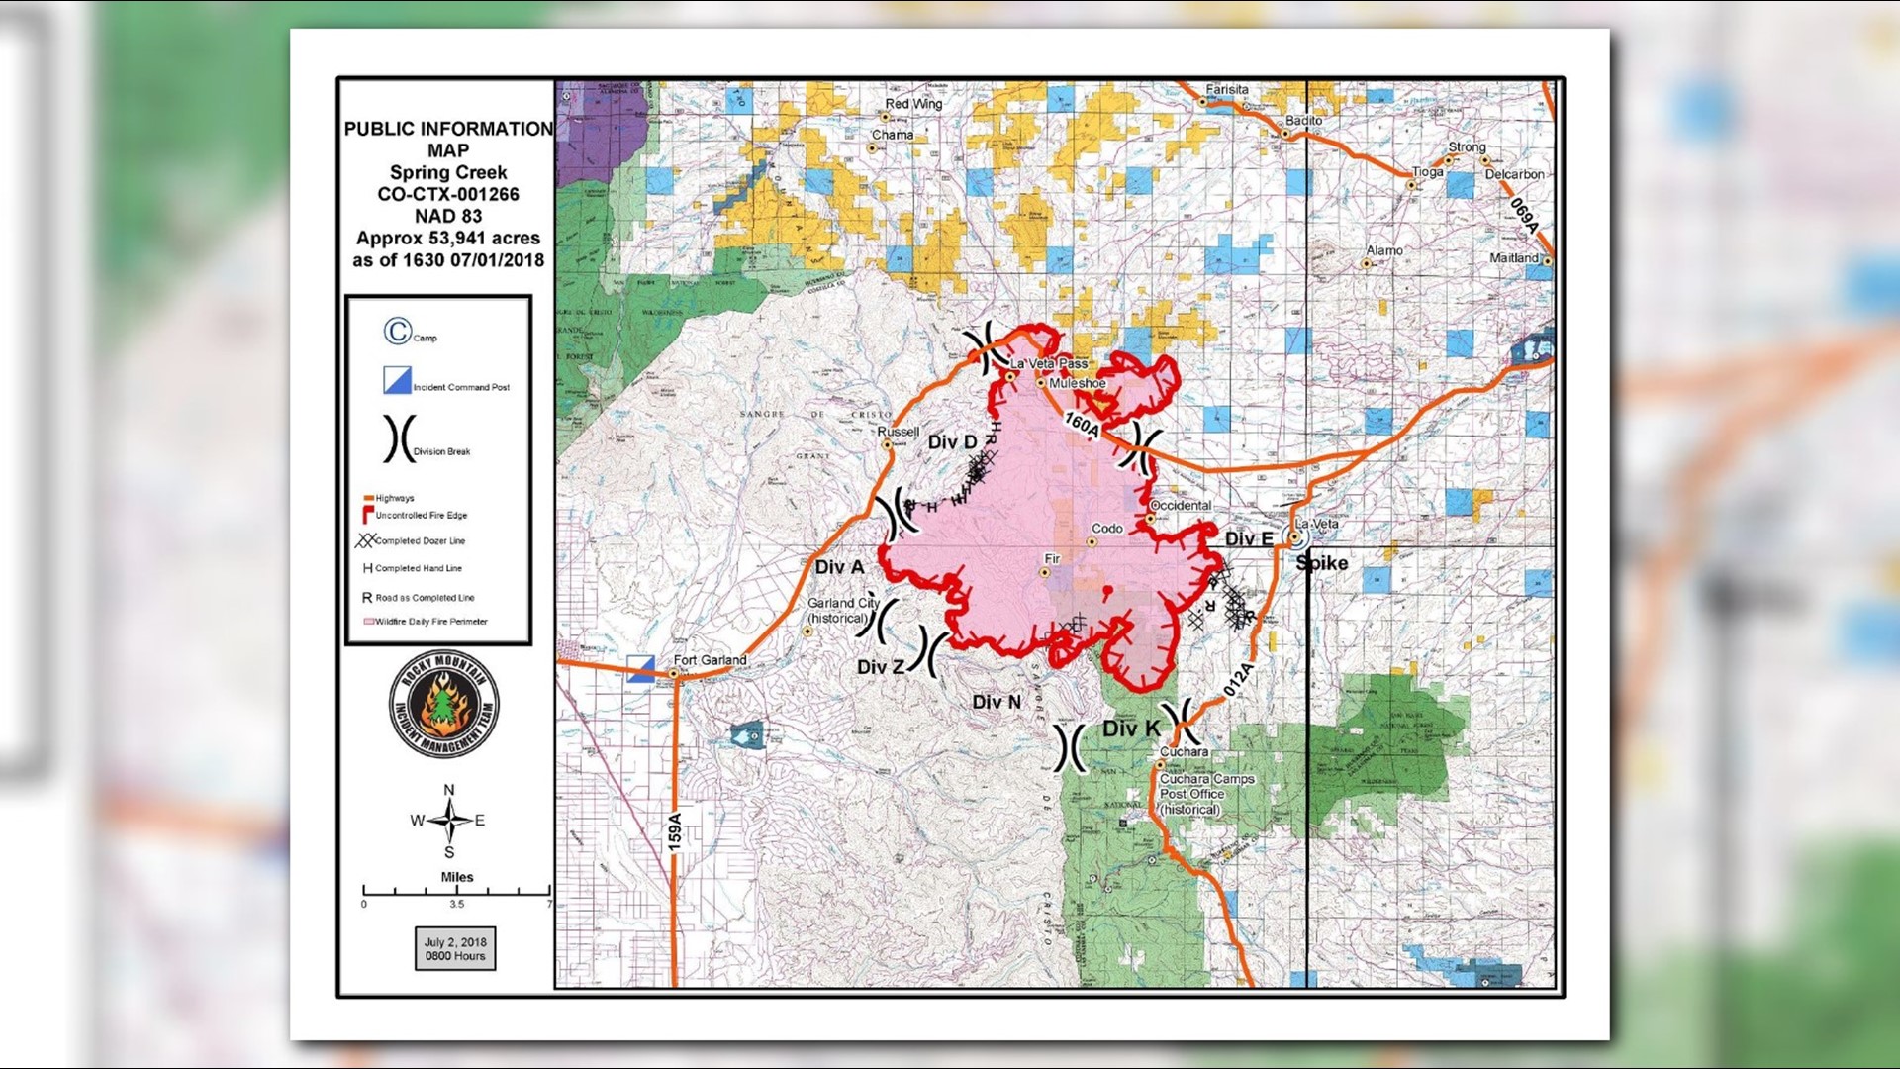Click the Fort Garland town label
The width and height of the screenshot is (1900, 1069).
pyautogui.click(x=710, y=660)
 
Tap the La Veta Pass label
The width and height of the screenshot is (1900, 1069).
pyautogui.click(x=1048, y=364)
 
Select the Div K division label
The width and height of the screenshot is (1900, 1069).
pyautogui.click(x=1131, y=729)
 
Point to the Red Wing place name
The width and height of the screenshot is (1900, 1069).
pyautogui.click(x=913, y=104)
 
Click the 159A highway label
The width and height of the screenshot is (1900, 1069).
pyautogui.click(x=675, y=831)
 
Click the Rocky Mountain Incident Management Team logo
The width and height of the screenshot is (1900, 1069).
pyautogui.click(x=443, y=705)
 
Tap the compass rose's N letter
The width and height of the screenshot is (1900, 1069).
pyautogui.click(x=449, y=790)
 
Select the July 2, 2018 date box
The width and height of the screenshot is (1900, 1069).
pyautogui.click(x=455, y=948)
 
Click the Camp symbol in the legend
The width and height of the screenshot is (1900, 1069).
pyautogui.click(x=398, y=331)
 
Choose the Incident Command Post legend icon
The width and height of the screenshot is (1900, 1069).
pyautogui.click(x=397, y=380)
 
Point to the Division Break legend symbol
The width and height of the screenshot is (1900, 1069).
pyautogui.click(x=399, y=438)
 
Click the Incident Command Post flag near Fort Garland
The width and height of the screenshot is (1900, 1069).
pyautogui.click(x=641, y=668)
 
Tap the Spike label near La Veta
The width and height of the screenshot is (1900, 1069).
pyautogui.click(x=1322, y=563)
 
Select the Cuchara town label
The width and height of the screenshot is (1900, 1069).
pyautogui.click(x=1184, y=752)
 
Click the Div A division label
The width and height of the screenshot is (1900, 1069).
pyautogui.click(x=839, y=567)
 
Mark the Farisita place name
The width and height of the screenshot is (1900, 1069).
pyautogui.click(x=1227, y=90)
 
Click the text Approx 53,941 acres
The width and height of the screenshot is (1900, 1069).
pyautogui.click(x=448, y=239)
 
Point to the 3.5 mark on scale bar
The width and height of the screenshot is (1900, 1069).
pyautogui.click(x=456, y=904)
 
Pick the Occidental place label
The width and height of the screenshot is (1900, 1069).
pyautogui.click(x=1181, y=506)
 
